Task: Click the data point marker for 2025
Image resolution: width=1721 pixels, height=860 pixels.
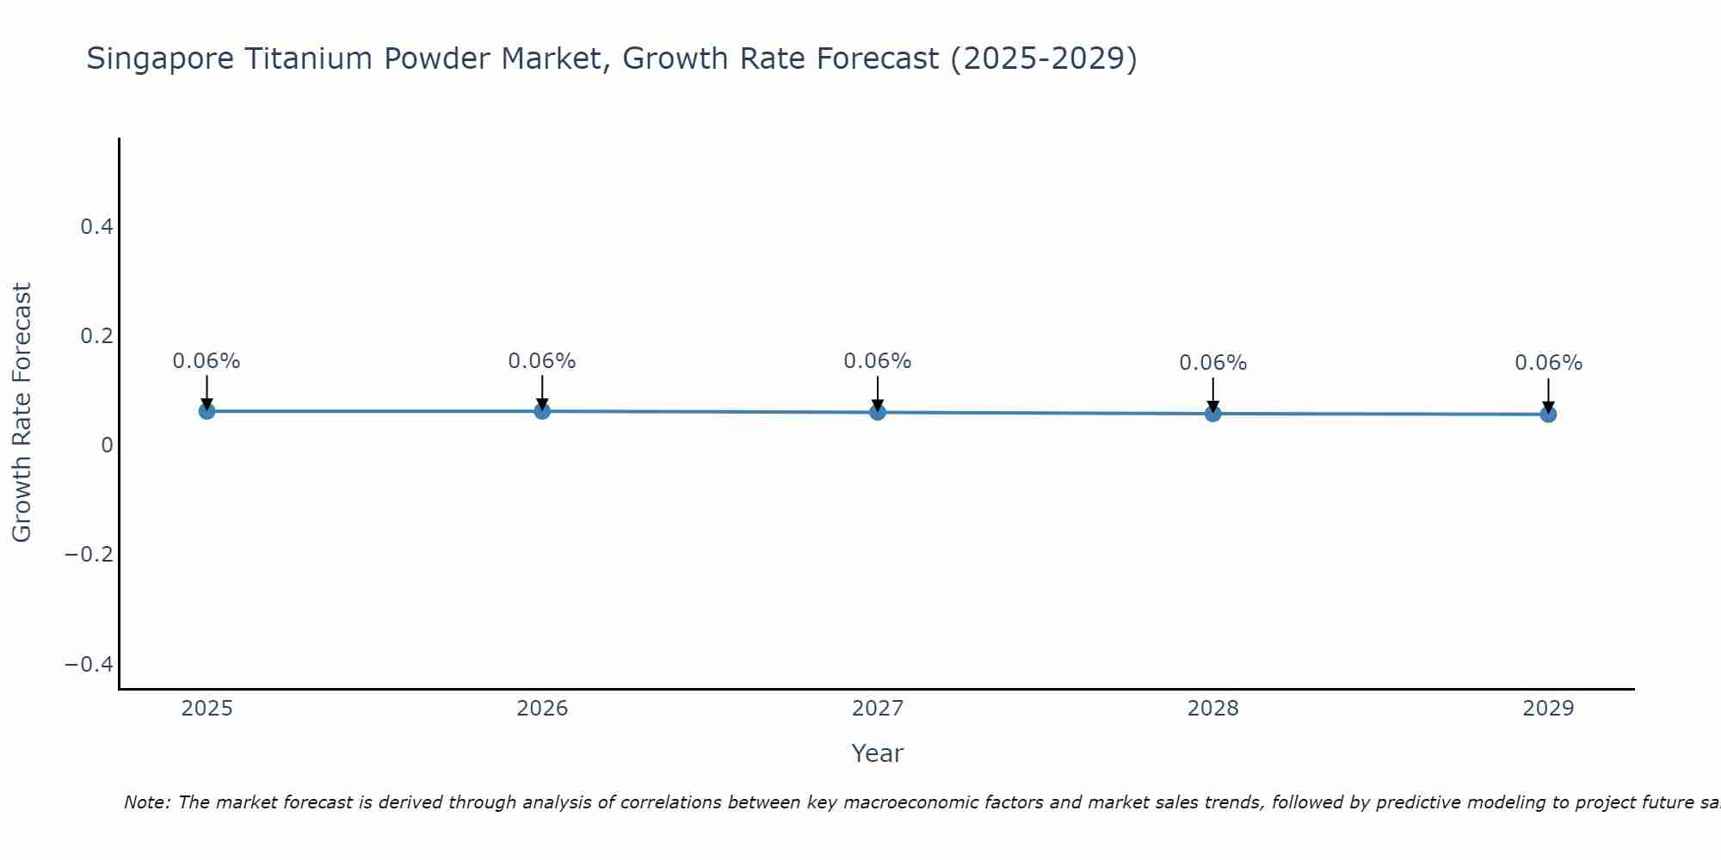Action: click(207, 411)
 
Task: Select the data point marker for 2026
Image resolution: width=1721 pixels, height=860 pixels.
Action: click(542, 411)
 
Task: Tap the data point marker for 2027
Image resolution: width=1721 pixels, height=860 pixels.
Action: click(878, 412)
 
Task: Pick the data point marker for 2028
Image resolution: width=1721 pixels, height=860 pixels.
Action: click(1212, 414)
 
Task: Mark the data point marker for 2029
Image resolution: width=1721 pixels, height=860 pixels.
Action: click(1548, 415)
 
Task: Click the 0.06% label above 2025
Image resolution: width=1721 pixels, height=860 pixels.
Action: click(207, 361)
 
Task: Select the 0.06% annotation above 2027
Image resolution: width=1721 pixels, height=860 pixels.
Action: click(878, 361)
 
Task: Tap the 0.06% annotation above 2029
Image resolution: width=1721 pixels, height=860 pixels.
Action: click(1548, 363)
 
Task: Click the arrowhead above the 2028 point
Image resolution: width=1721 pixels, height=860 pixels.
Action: click(1212, 406)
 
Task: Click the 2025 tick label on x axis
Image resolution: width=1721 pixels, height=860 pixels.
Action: click(207, 709)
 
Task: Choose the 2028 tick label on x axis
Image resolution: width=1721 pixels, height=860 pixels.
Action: click(1212, 709)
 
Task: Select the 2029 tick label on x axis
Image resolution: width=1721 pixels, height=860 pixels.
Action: click(1548, 709)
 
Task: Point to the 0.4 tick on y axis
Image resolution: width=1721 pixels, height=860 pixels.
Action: click(96, 227)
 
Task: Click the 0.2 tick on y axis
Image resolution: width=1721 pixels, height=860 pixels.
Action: click(96, 336)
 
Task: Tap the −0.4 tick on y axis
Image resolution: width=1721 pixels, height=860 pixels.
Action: click(89, 664)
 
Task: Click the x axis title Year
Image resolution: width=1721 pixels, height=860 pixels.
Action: click(877, 754)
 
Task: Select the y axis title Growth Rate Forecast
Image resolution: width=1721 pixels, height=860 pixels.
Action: click(22, 413)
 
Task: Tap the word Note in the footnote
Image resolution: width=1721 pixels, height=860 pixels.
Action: click(145, 802)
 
